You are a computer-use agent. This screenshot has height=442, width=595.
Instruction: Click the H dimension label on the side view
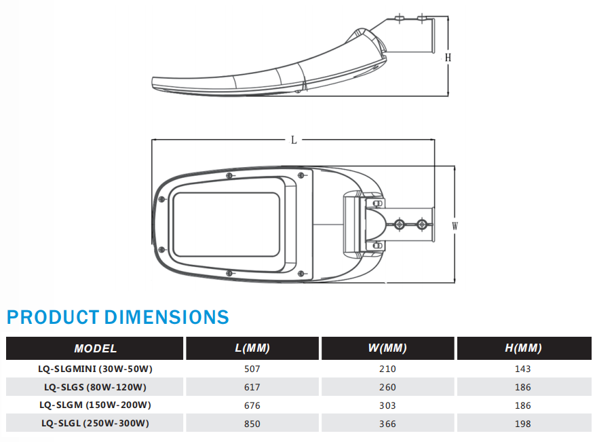pos(448,58)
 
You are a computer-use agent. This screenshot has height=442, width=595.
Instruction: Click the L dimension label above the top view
pos(294,141)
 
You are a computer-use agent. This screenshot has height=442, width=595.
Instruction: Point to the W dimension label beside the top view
pos(455,226)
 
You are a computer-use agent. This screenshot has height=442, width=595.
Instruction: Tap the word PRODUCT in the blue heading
pos(53,318)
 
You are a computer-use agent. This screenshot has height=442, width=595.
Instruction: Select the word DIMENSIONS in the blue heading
pos(167,318)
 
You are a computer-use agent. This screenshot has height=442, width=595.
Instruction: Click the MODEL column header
pos(95,348)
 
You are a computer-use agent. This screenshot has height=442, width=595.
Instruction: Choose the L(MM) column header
pos(252,348)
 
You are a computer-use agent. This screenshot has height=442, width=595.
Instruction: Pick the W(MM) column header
pos(387,348)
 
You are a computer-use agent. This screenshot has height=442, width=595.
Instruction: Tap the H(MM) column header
pos(523,348)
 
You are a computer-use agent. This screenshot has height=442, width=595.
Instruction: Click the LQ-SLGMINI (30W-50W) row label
pos(95,369)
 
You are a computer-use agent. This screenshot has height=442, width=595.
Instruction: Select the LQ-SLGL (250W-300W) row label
pos(95,424)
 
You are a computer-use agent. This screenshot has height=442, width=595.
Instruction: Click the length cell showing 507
pos(252,369)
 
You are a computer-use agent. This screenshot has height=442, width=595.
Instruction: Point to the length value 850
pos(252,424)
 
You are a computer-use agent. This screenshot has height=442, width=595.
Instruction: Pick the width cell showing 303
pos(387,405)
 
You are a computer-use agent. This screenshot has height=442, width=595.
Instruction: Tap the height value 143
pos(523,369)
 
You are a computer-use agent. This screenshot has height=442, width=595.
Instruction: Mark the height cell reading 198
pos(523,424)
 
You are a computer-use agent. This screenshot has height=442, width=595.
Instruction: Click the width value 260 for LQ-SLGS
pos(387,387)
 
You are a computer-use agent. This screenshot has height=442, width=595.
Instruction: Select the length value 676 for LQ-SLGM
pos(252,405)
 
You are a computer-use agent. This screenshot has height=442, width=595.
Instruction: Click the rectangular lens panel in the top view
pos(227,225)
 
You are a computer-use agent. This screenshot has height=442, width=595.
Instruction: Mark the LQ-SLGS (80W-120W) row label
pos(95,387)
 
